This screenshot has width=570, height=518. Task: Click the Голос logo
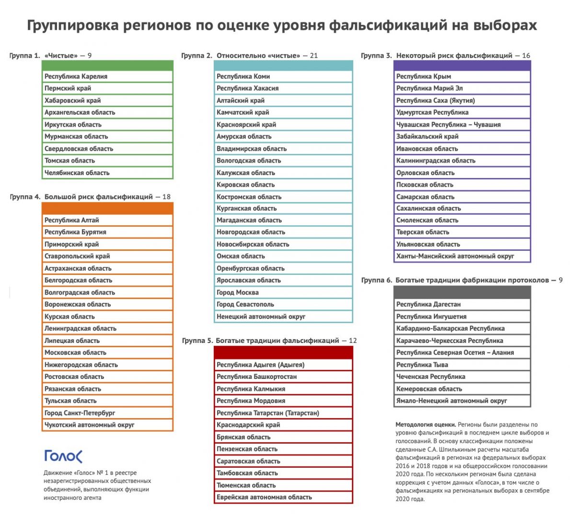click(63, 456)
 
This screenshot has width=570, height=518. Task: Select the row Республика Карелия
click(107, 76)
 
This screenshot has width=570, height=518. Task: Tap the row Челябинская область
click(107, 173)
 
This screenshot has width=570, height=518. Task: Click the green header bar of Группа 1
click(107, 65)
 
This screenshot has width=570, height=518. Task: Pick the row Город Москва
click(283, 292)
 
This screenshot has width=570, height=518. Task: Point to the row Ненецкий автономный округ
click(283, 317)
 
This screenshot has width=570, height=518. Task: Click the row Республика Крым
click(462, 76)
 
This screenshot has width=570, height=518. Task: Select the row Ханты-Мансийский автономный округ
click(462, 256)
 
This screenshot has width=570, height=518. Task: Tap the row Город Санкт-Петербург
click(107, 413)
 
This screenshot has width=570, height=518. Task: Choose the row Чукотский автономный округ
click(107, 425)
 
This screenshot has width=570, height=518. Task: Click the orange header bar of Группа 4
click(107, 208)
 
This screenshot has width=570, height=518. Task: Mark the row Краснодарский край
click(283, 425)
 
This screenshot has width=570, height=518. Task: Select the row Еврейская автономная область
click(283, 497)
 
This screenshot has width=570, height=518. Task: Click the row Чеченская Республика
click(462, 377)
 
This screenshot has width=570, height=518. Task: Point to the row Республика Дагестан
click(462, 304)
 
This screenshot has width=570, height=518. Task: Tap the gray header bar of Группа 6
click(462, 292)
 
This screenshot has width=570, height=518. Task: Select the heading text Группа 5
click(197, 341)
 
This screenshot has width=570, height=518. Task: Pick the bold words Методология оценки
click(425, 424)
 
